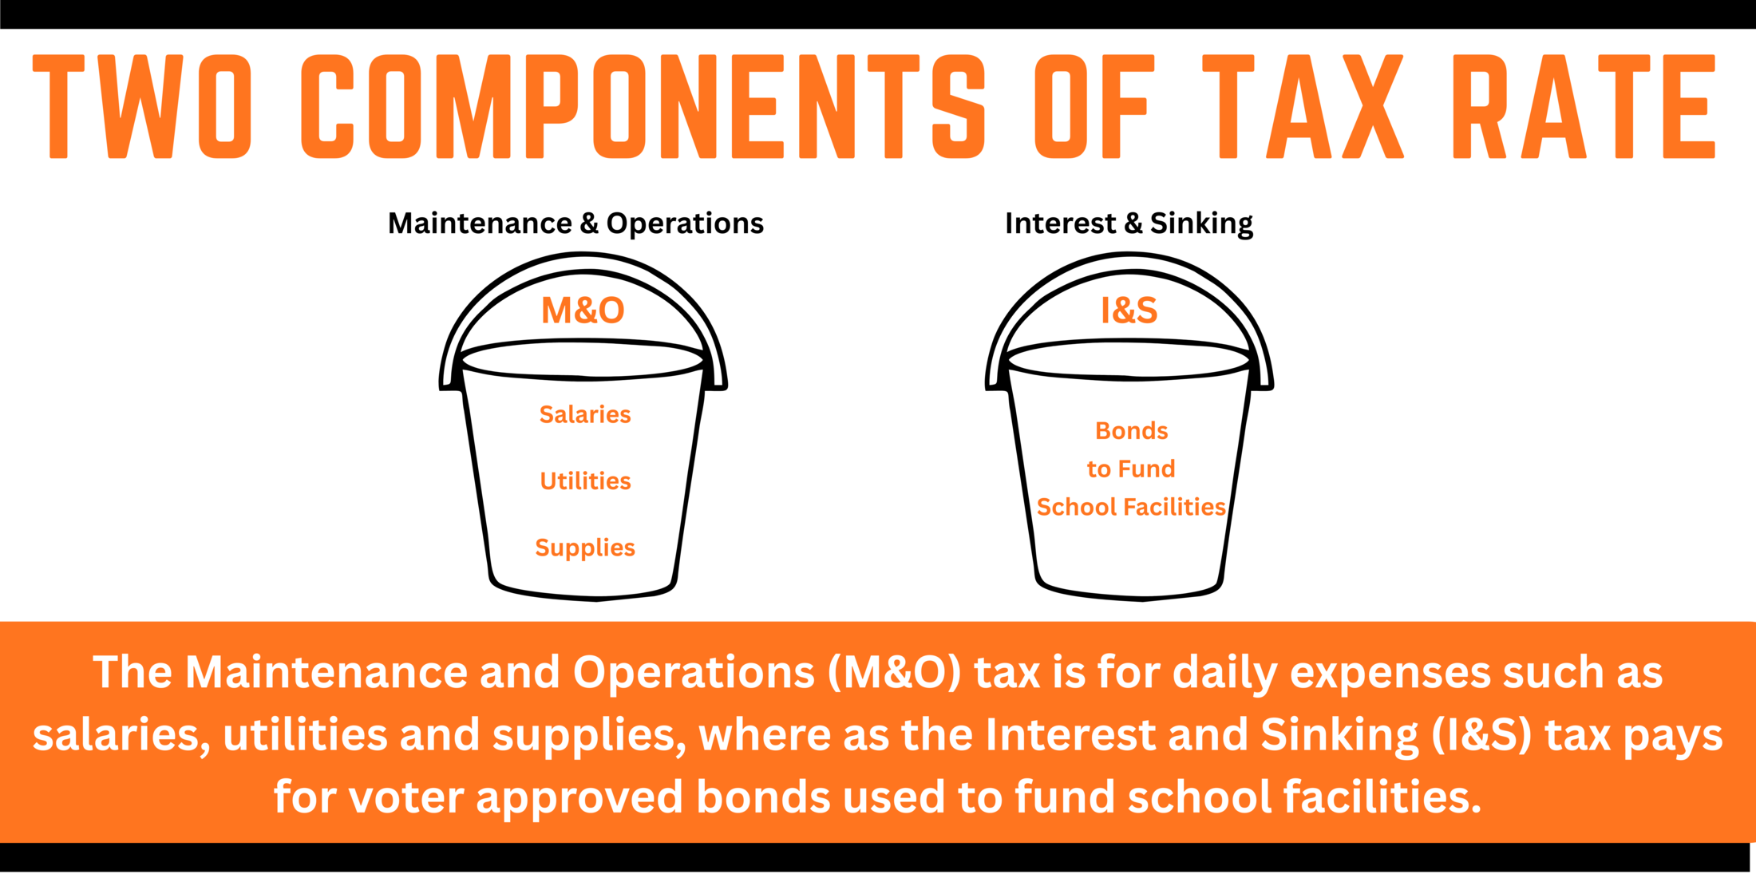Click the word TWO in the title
coord(143,106)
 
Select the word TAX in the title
coord(1303,106)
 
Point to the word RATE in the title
coord(1584,106)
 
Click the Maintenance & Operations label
coord(575,223)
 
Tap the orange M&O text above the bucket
coord(583,310)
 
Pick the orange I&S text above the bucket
coord(1129,310)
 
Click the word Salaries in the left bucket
coord(585,414)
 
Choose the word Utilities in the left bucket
coord(585,481)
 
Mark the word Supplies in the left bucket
coord(585,548)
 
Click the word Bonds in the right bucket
coord(1131,431)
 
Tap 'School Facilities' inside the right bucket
coord(1131,507)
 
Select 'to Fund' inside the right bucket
coord(1131,469)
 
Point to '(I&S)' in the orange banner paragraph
coord(1481,735)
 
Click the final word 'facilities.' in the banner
coord(1382,797)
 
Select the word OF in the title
coord(1094,106)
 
